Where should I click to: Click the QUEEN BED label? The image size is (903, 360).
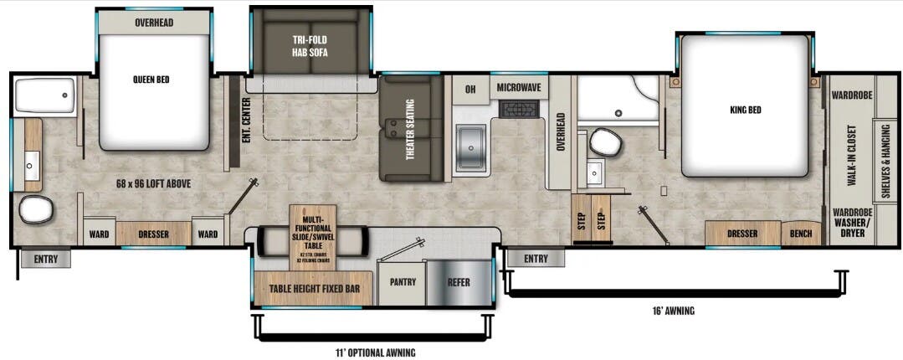153,80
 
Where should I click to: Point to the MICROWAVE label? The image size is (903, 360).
518,87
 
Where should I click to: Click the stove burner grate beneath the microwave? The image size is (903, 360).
518,109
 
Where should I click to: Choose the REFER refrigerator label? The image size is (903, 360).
458,282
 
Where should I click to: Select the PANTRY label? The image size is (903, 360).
403,282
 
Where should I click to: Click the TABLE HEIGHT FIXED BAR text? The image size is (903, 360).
314,289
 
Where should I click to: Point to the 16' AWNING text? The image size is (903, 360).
675,311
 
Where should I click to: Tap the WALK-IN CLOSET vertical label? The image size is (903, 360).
850,156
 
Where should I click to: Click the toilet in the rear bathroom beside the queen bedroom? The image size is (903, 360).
36,209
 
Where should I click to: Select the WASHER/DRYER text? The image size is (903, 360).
852,229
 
